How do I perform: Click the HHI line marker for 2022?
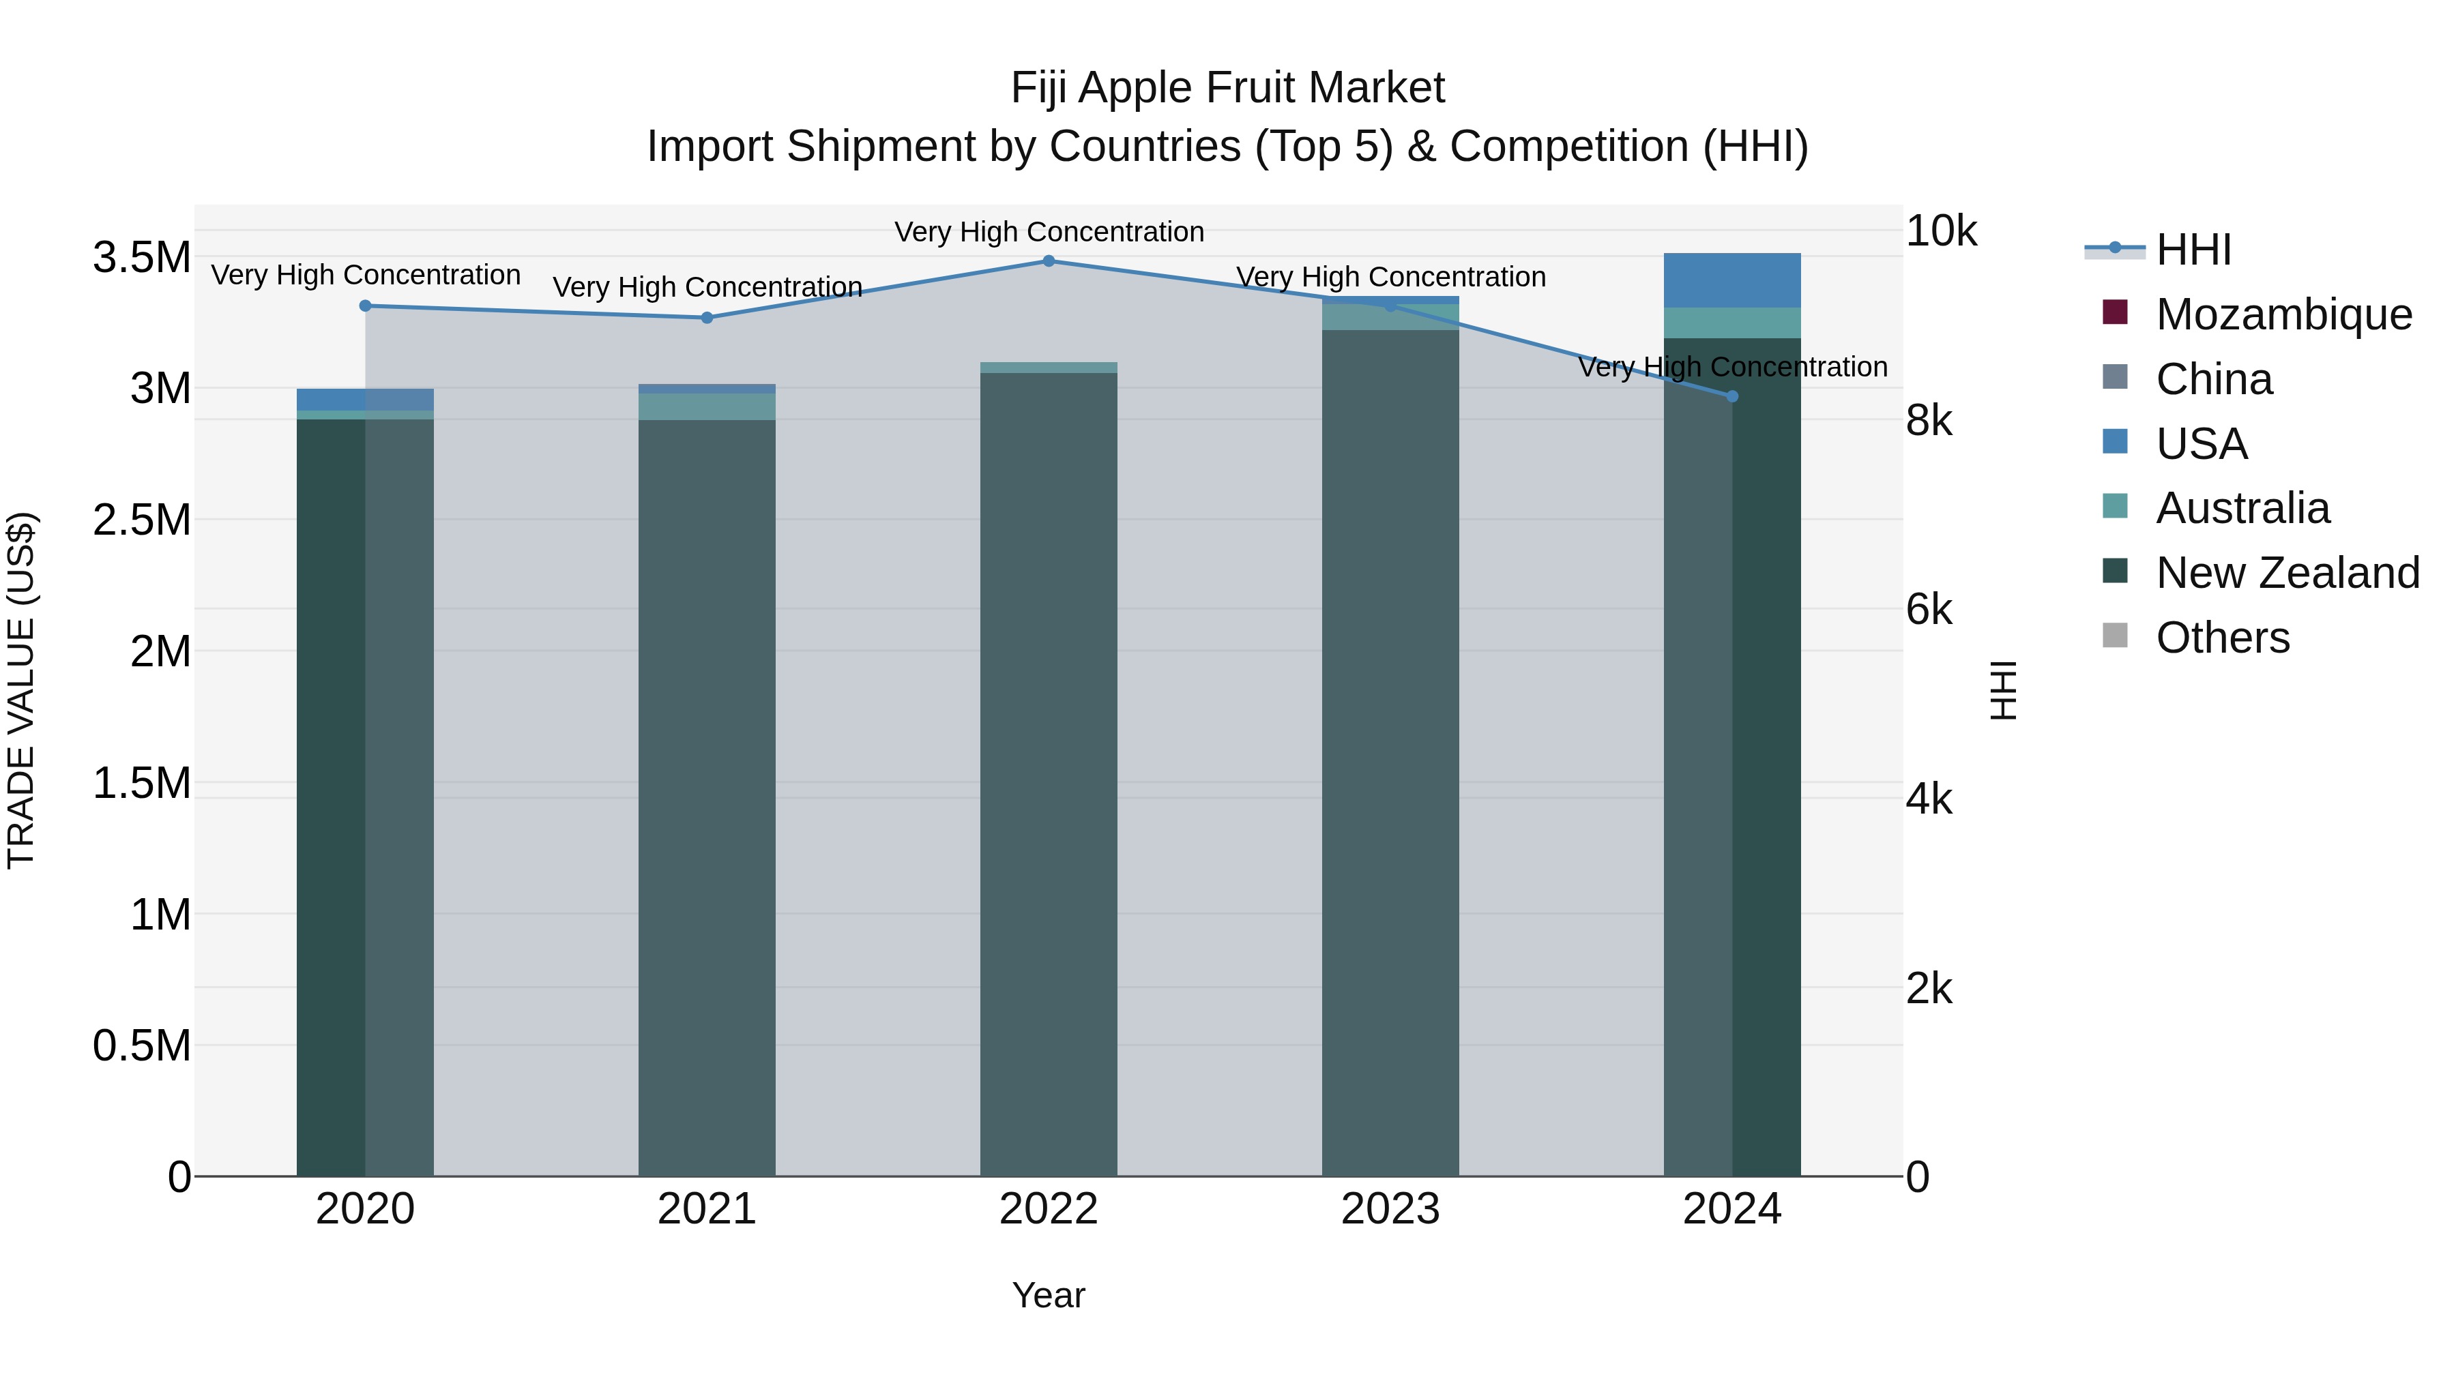point(1049,261)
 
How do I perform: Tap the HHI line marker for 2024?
point(1732,396)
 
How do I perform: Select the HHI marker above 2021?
point(707,318)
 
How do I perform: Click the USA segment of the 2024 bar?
point(1732,281)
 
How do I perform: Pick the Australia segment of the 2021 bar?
point(707,407)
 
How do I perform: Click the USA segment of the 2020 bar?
point(365,400)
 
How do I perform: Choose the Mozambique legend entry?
point(2283,314)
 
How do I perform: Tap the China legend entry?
point(2213,379)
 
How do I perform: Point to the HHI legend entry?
point(2192,250)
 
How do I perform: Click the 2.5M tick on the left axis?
point(141,520)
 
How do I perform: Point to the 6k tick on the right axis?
point(1928,610)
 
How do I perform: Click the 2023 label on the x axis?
point(1390,1209)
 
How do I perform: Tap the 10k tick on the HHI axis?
point(1940,232)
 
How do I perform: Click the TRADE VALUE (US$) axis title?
point(22,690)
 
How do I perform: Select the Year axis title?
point(1049,1295)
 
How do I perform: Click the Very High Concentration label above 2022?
point(1049,232)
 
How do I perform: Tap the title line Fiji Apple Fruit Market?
point(1227,88)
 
